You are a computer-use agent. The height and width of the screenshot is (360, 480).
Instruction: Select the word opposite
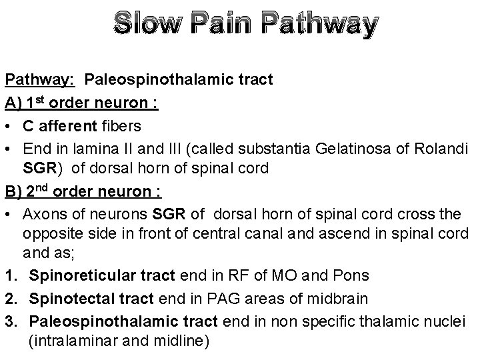pyautogui.click(x=55, y=233)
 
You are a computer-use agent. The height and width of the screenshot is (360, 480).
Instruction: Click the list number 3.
pyautogui.click(x=10, y=320)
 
